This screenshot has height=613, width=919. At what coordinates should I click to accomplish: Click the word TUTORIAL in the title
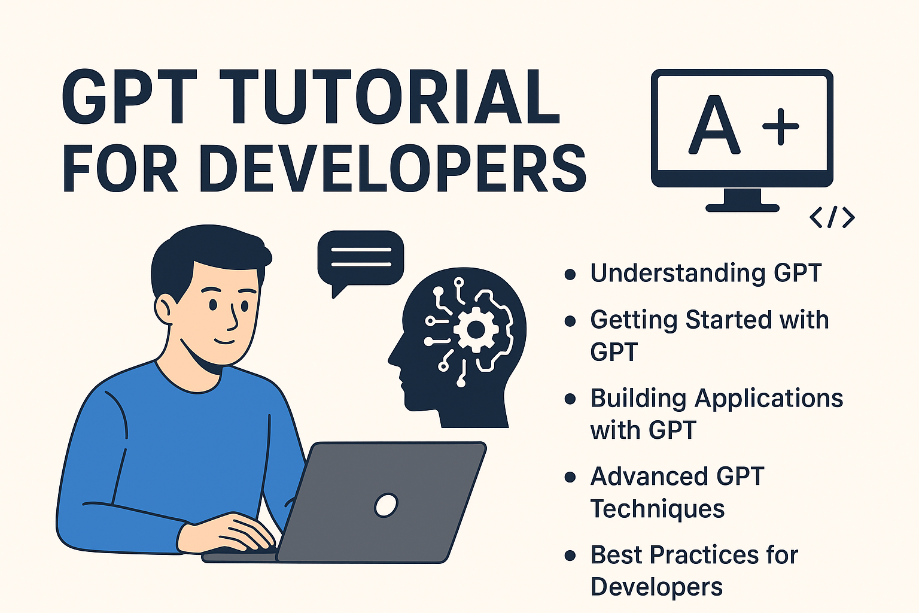391,98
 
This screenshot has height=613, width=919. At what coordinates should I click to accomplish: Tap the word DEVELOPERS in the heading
396,169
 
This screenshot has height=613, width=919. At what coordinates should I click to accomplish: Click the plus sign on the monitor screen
780,126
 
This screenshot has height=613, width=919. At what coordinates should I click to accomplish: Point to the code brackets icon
832,217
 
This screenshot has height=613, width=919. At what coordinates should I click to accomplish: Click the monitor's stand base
742,207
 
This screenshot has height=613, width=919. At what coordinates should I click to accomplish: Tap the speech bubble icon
360,258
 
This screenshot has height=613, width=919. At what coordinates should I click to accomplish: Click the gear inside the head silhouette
476,329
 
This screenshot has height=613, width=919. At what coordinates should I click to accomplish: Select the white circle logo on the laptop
386,505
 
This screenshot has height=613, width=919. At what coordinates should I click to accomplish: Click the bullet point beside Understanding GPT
570,274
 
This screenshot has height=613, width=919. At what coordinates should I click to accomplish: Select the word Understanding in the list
677,274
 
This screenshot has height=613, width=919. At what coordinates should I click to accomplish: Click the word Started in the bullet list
720,320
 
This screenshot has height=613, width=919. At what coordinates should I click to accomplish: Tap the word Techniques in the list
658,509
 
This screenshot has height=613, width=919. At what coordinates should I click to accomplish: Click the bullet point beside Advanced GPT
570,477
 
